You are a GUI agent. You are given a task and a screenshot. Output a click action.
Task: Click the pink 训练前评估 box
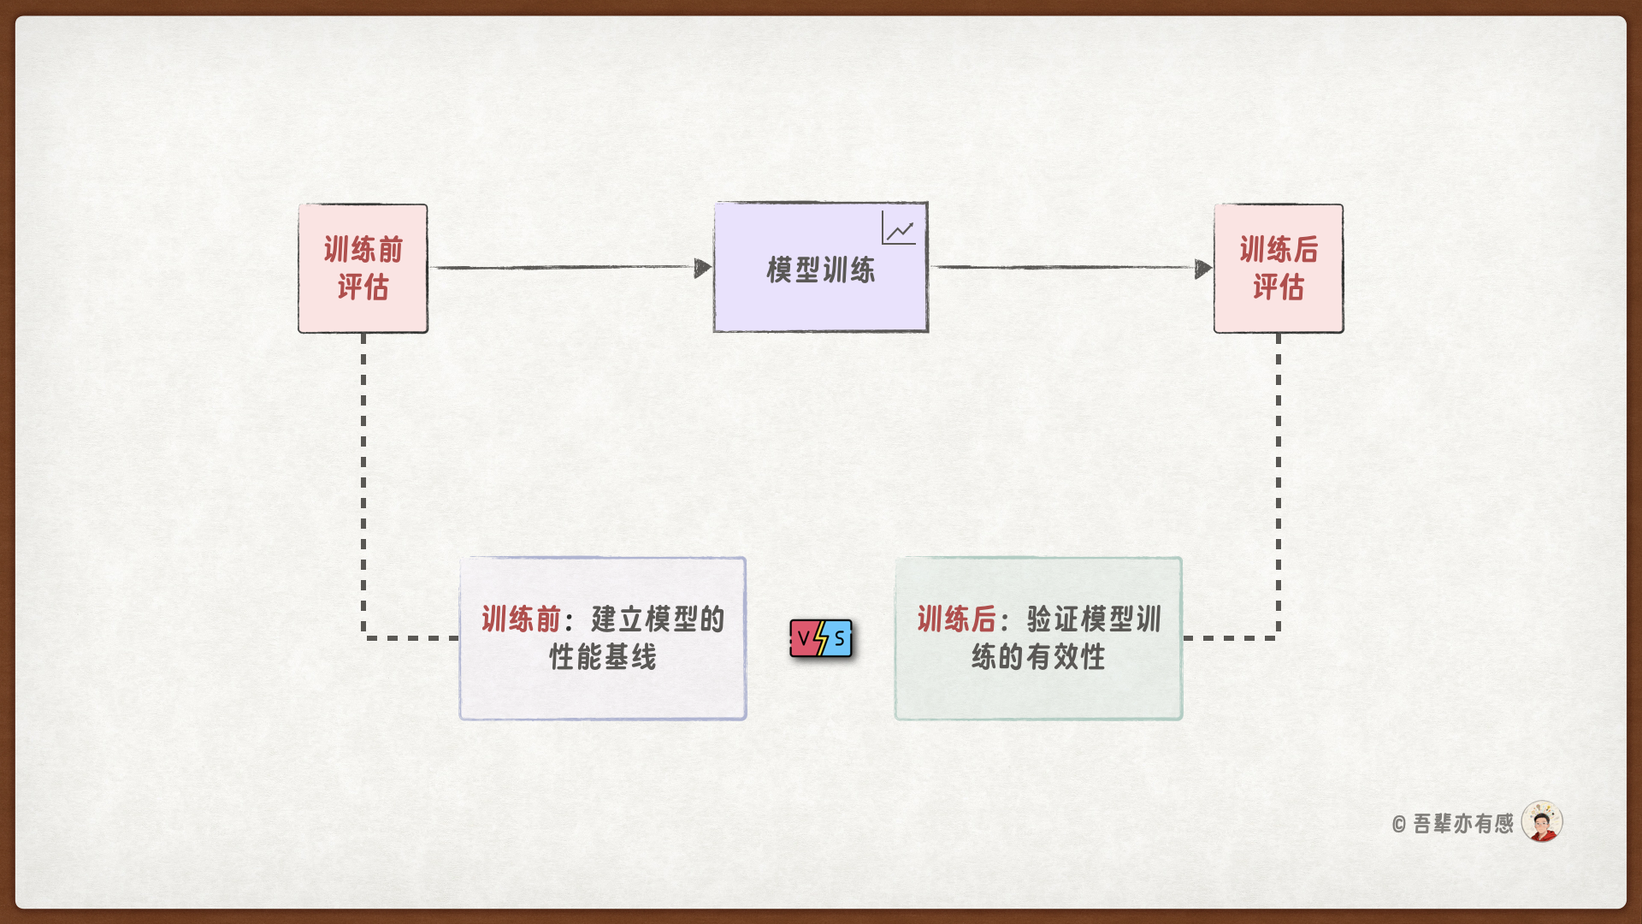click(363, 269)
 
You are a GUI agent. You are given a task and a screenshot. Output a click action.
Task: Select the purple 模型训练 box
click(820, 269)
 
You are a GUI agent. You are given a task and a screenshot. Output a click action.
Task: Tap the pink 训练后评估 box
click(1279, 269)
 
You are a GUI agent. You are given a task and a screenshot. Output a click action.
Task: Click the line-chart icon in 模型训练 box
click(899, 229)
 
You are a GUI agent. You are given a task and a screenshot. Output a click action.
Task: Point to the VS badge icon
click(821, 638)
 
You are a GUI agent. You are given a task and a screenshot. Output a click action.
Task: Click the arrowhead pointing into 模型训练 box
click(702, 269)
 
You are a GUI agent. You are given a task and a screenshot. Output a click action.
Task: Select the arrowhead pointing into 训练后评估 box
click(1202, 269)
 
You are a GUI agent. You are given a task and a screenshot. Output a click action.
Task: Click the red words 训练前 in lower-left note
click(521, 619)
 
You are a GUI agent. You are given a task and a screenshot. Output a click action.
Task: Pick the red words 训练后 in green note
click(956, 619)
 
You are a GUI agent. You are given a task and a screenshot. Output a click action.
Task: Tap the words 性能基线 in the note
click(603, 657)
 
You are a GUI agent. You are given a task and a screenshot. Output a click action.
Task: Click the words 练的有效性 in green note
click(1038, 657)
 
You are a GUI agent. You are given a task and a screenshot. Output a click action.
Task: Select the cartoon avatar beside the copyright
click(1542, 822)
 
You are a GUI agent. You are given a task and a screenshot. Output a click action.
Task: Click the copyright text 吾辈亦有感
click(1463, 823)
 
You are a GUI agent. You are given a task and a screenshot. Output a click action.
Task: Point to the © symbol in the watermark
click(1399, 825)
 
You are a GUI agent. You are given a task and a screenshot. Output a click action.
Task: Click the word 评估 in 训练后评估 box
click(1279, 287)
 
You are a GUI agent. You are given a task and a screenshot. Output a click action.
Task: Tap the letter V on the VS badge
click(804, 638)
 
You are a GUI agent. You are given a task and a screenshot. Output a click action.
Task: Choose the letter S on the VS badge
click(840, 638)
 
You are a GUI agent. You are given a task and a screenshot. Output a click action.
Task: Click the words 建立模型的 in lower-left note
click(658, 619)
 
